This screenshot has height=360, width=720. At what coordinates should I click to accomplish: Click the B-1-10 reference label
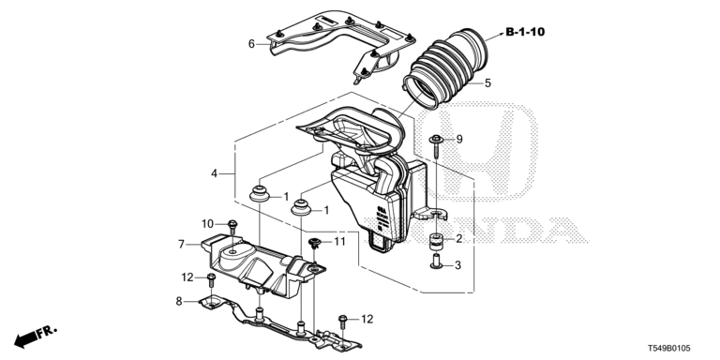click(x=525, y=32)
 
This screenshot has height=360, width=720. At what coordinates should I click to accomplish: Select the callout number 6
click(x=251, y=44)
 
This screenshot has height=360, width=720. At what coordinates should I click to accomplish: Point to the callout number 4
click(x=214, y=173)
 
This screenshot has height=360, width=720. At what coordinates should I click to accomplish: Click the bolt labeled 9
click(x=436, y=147)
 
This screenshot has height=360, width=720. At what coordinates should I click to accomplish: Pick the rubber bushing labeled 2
click(x=435, y=242)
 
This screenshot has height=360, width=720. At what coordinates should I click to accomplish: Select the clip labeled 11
click(x=315, y=244)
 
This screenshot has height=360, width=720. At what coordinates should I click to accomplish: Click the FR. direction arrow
click(x=36, y=337)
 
